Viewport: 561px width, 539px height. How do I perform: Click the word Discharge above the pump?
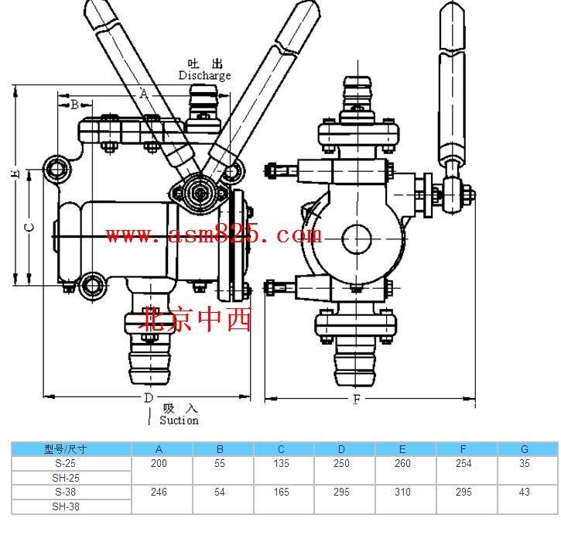coord(204,76)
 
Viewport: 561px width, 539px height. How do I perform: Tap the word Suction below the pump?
coord(179,420)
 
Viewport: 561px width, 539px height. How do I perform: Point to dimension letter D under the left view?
coord(149,397)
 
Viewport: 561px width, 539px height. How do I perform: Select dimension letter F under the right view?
coord(357,399)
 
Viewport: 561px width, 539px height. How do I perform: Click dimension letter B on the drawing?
coord(75,105)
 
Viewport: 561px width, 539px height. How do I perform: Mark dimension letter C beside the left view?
coord(29,227)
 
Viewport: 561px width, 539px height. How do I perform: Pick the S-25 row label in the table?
coord(66,463)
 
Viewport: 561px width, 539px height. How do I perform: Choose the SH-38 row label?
coord(66,506)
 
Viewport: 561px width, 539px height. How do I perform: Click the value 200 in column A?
coord(159,463)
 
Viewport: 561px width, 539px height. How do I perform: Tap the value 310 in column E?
coord(402,492)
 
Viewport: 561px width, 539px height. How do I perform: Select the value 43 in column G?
coord(524,492)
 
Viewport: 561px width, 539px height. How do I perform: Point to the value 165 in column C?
coord(281,492)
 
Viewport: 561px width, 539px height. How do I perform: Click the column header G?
coord(525,449)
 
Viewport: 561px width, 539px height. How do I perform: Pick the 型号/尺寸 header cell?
coord(66,449)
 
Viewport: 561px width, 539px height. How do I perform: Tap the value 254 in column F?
coord(464,463)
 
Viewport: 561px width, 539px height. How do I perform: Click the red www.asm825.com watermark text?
coord(214,235)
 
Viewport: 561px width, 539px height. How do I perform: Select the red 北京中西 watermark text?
coord(195,319)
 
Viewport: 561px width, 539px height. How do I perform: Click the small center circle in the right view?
coord(357,239)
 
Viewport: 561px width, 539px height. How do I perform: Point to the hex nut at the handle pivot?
coord(200,194)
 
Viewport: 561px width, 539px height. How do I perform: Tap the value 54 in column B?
coord(220,492)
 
